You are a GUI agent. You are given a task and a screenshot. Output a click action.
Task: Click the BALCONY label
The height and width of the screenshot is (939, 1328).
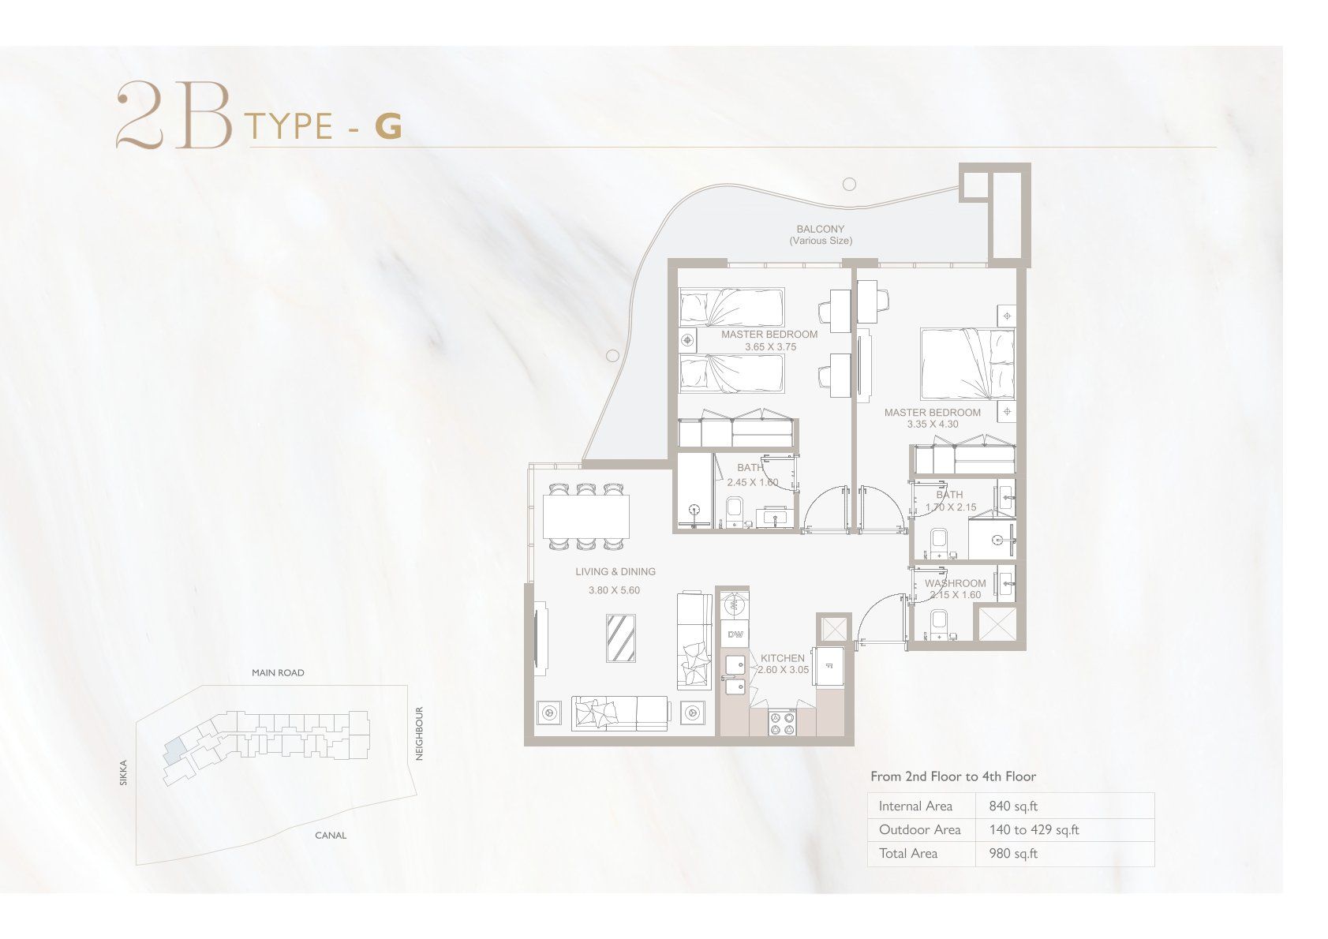820,229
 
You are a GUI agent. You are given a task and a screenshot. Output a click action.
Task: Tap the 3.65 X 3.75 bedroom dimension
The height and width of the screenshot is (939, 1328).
770,346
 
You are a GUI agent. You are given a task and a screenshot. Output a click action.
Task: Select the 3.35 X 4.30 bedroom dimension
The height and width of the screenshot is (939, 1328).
933,424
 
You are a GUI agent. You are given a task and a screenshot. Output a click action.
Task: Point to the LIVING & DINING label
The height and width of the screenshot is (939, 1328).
615,571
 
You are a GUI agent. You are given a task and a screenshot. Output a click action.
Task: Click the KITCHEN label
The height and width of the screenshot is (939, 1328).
783,658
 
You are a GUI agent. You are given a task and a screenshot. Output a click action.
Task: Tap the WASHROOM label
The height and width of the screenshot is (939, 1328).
955,583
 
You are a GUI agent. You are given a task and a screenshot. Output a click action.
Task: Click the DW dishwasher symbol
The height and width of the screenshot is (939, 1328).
735,635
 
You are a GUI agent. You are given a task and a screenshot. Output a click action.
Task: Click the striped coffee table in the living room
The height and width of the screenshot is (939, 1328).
621,638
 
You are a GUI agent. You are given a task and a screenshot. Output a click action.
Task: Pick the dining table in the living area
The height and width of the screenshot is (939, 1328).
586,516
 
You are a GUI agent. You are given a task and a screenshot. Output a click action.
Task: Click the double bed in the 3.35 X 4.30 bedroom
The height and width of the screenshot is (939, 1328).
967,364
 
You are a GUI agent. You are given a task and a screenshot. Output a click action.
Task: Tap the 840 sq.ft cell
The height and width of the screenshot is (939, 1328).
1013,806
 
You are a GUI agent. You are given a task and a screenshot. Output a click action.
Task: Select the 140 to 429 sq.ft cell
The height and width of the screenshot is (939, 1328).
1034,830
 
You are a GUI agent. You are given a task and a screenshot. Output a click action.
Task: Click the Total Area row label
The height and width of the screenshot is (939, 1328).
908,854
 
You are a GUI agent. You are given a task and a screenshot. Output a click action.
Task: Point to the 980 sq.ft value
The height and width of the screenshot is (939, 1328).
1013,854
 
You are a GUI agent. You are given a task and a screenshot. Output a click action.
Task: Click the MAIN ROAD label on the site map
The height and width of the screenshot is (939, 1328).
278,673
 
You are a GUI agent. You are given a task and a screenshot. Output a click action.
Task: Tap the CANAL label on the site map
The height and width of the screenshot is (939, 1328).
331,836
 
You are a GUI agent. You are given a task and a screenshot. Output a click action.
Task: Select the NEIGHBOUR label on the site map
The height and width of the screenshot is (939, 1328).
419,734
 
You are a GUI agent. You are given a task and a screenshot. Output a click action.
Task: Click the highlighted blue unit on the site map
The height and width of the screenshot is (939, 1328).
174,751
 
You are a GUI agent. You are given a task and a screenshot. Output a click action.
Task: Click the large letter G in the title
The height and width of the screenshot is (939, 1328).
388,126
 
